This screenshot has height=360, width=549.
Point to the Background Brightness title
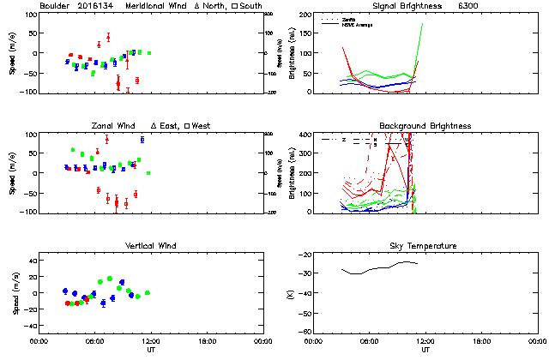tap(425, 126)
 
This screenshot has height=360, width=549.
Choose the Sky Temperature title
tap(425, 246)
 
